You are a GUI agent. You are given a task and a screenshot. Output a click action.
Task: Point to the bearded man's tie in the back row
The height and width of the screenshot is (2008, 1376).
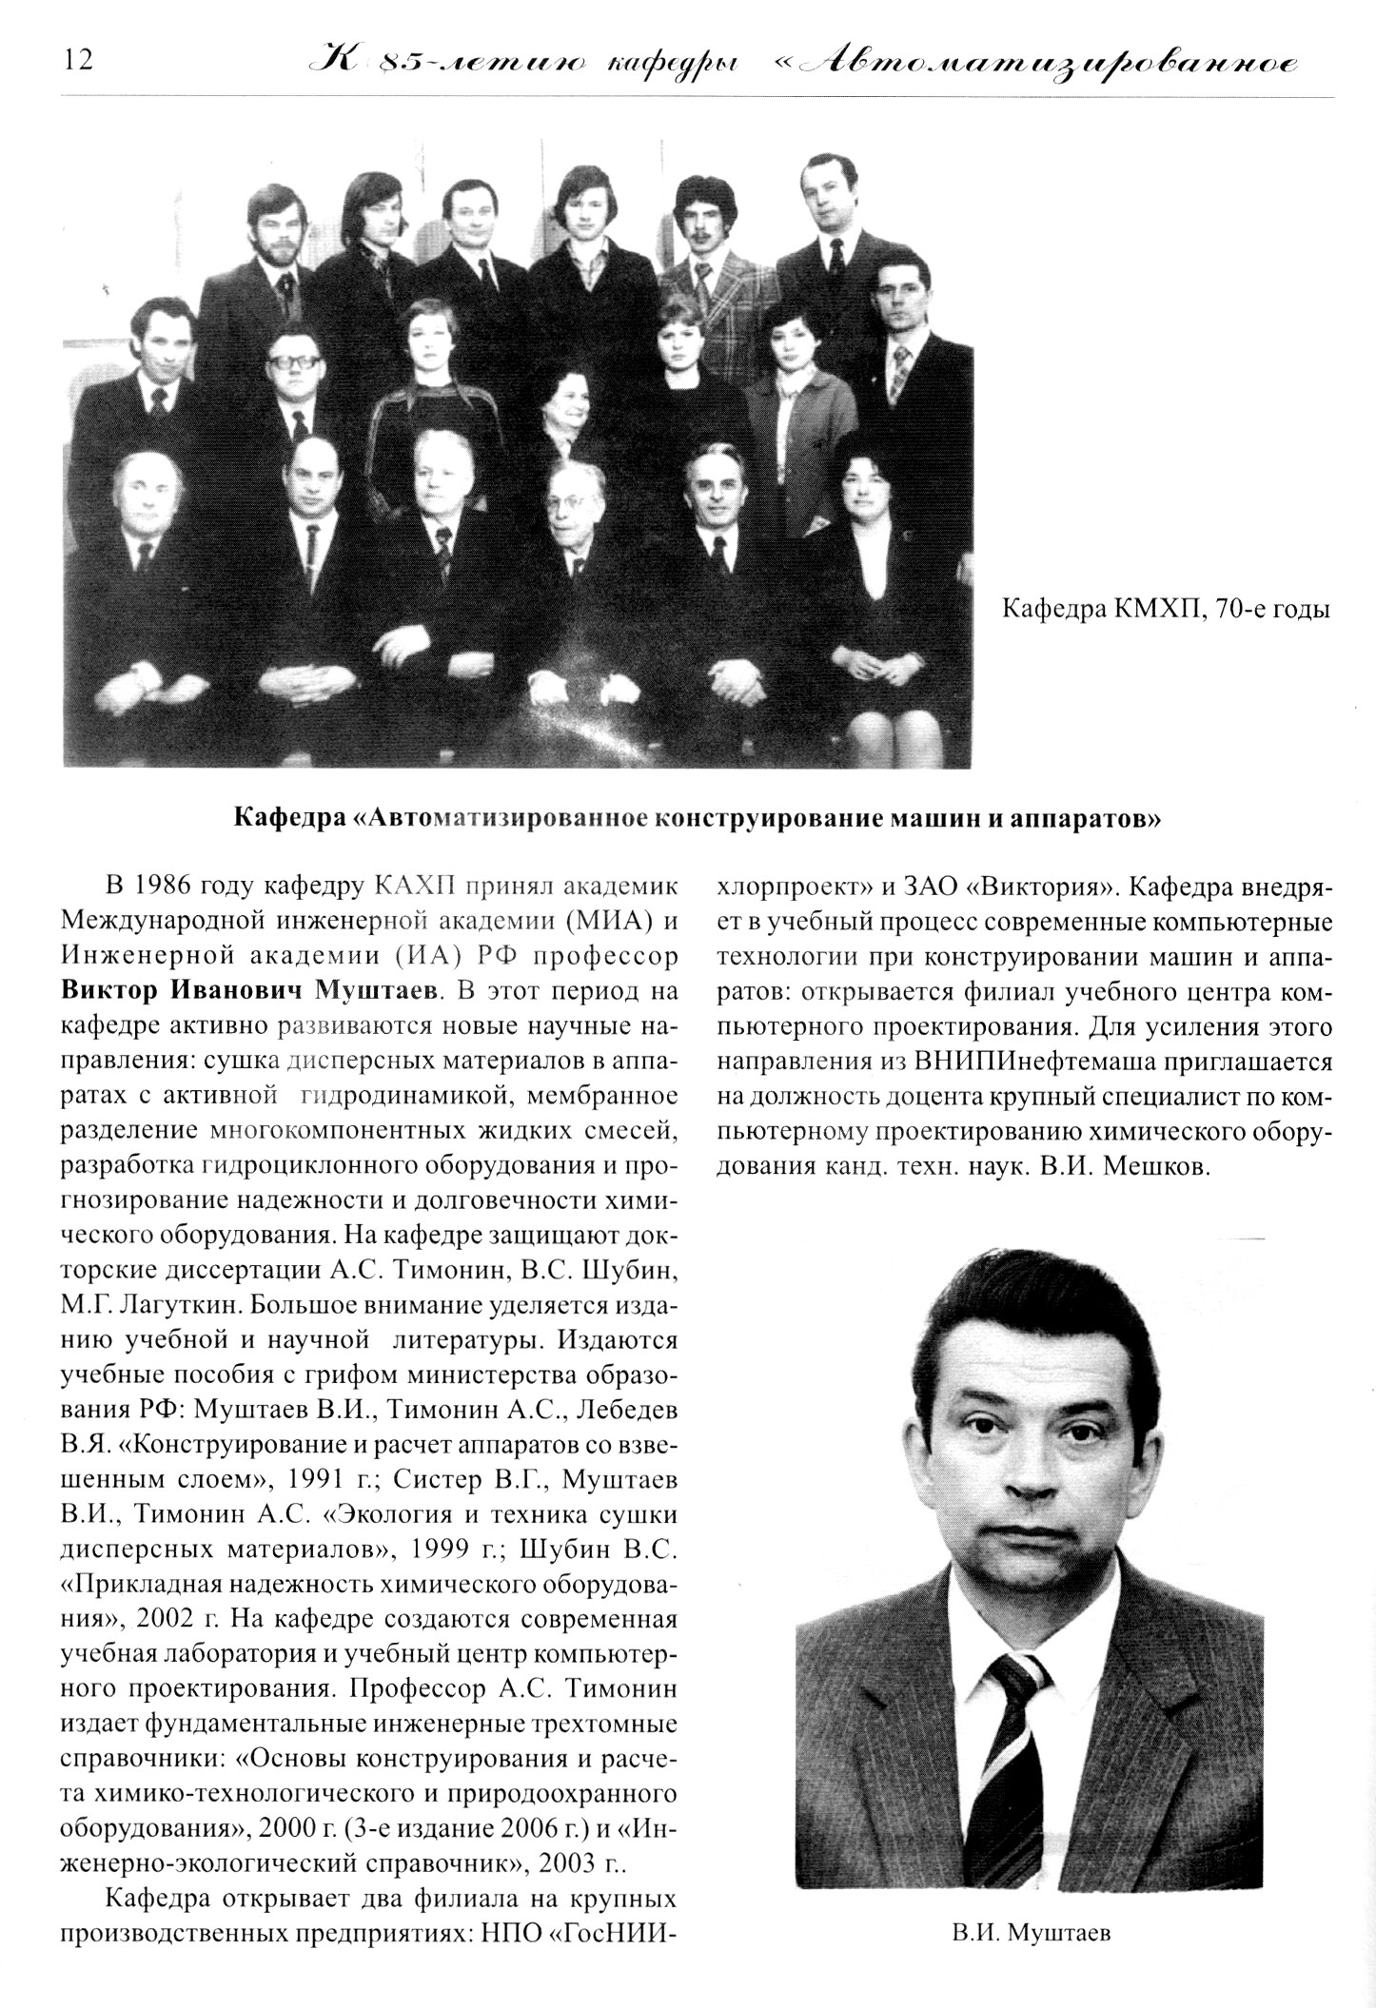[285, 290]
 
